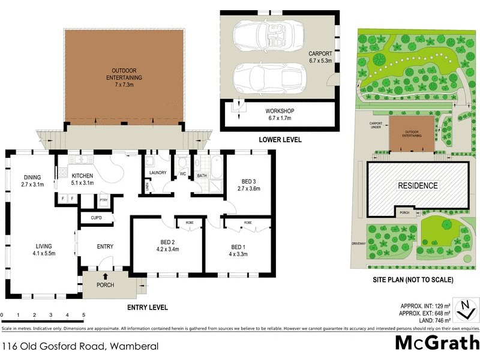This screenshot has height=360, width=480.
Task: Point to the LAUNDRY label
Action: pyautogui.click(x=157, y=173)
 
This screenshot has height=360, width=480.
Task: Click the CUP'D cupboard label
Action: pyautogui.click(x=96, y=218)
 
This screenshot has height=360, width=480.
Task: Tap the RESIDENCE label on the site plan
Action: pyautogui.click(x=418, y=185)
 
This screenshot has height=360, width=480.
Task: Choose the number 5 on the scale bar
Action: pyautogui.click(x=83, y=315)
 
